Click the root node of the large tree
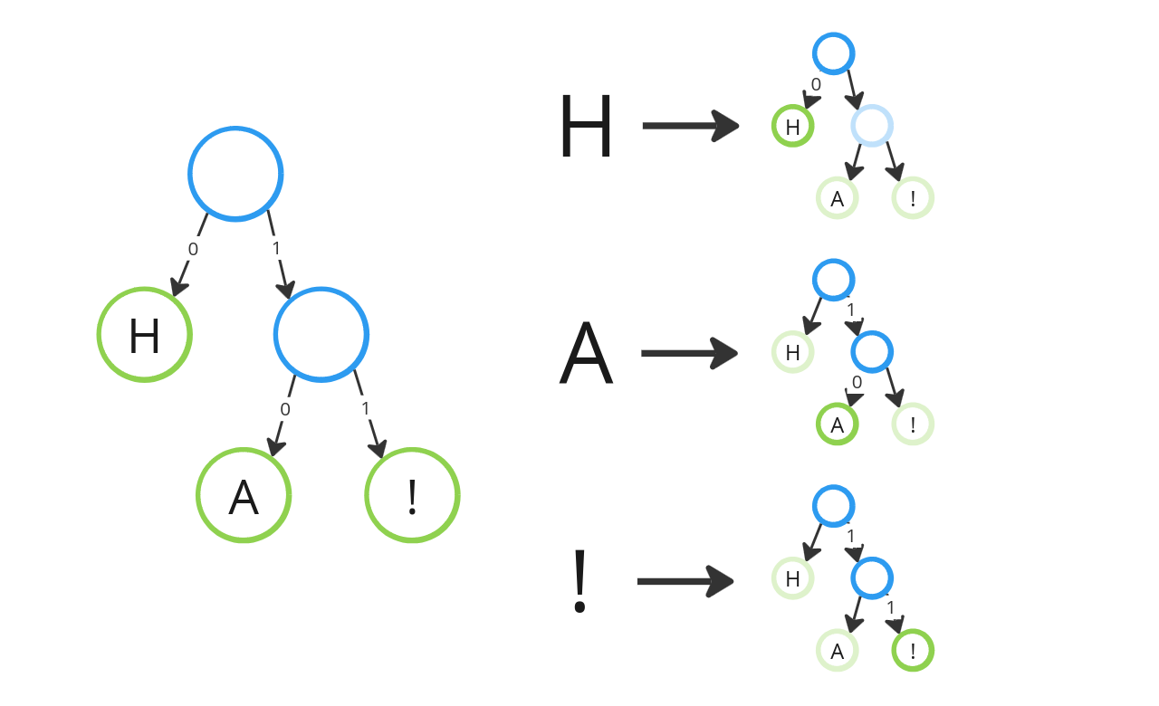tap(235, 174)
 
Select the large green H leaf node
tap(145, 335)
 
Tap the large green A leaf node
tap(244, 496)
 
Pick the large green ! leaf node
tap(412, 496)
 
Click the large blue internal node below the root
tap(321, 335)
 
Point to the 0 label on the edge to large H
tap(193, 249)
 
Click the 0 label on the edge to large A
tap(285, 409)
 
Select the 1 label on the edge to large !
tap(366, 408)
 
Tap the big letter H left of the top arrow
tap(586, 128)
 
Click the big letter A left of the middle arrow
tap(586, 355)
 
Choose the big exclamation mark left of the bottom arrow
tap(580, 582)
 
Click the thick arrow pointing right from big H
tap(691, 126)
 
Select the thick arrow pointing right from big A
tap(690, 353)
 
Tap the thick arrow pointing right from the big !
tap(685, 581)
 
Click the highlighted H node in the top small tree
tap(792, 127)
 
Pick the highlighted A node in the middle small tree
tap(838, 425)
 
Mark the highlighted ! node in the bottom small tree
tap(913, 651)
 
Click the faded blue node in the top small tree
tap(872, 126)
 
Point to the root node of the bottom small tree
tap(833, 506)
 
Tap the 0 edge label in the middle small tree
tap(857, 383)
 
